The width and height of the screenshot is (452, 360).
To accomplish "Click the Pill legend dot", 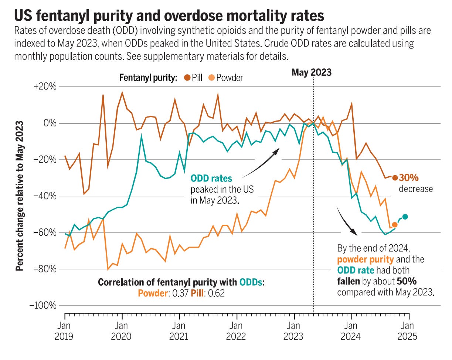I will (187, 78).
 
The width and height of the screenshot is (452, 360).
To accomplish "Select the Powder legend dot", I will (211, 78).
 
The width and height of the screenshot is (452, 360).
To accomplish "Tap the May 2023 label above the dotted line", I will (311, 72).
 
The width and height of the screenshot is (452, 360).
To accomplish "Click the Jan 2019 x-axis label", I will (65, 332).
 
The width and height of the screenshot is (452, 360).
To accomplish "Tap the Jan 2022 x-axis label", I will (237, 332).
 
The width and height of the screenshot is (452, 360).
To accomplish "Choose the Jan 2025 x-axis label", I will (408, 332).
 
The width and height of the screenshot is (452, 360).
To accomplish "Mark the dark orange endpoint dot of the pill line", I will (395, 178).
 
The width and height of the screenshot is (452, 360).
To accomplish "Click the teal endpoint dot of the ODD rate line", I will (405, 217).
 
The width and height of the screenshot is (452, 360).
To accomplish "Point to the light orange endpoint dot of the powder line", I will (394, 224).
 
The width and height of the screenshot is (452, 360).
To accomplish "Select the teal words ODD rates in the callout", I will (211, 179).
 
